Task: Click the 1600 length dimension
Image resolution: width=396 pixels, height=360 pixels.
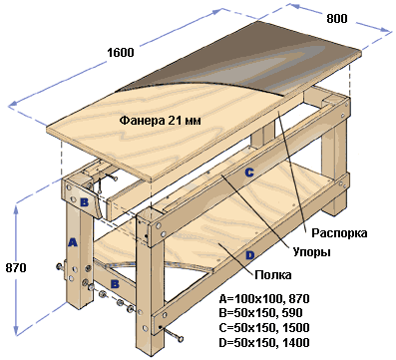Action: [121, 53]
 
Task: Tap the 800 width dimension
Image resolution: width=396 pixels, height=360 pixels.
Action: [337, 19]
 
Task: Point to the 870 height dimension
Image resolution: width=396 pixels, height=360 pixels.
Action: [16, 268]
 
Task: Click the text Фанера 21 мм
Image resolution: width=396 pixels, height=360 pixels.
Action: [160, 120]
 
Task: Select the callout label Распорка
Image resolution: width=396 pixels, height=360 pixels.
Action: [339, 233]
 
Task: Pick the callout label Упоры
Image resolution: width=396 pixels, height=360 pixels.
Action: [311, 252]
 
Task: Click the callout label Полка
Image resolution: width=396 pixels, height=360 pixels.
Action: [273, 275]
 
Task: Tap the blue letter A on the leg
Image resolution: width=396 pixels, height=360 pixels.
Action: [72, 242]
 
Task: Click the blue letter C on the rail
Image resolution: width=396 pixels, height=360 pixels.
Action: [249, 173]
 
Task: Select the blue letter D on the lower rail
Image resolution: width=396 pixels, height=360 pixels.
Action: [249, 255]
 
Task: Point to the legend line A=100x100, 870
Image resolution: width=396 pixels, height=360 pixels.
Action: [264, 299]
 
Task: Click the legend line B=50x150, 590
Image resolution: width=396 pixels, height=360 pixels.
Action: [260, 313]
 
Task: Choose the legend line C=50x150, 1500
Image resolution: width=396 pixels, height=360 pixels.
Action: [264, 328]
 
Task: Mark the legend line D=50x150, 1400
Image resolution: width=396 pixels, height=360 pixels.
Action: [264, 342]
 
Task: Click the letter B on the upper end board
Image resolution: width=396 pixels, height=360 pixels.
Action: [84, 202]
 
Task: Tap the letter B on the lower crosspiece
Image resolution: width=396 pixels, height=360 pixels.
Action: [115, 284]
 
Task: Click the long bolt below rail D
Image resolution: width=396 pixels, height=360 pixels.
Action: [172, 333]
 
